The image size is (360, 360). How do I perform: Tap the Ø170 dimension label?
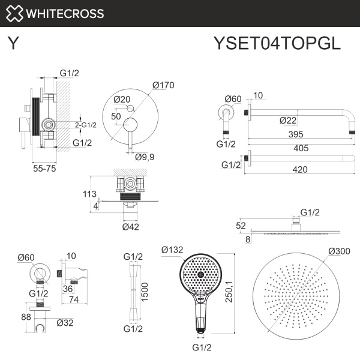(x=163, y=85)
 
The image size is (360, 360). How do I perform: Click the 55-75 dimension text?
(x=44, y=170)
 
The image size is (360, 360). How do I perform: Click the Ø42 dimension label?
(x=131, y=227)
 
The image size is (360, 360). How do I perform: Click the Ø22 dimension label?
(x=289, y=120)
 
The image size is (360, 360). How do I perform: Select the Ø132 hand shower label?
(x=173, y=250)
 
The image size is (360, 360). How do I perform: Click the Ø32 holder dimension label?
(x=65, y=323)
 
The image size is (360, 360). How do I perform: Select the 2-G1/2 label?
(x=86, y=125)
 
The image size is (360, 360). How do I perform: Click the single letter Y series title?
(x=13, y=43)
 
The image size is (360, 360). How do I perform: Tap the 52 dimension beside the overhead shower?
(x=241, y=226)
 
